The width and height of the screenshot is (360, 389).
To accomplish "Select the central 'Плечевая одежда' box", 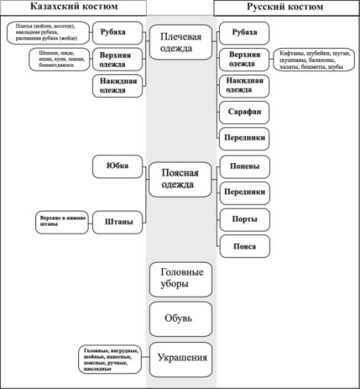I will (181, 43).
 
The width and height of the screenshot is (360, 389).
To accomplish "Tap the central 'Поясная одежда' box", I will (181, 179).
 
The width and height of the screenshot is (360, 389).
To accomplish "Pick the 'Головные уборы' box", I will (181, 279).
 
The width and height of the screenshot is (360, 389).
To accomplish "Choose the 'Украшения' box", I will (181, 357).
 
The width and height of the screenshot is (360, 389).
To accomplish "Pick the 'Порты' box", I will (244, 219).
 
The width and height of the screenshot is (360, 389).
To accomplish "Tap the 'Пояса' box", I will (244, 247).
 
